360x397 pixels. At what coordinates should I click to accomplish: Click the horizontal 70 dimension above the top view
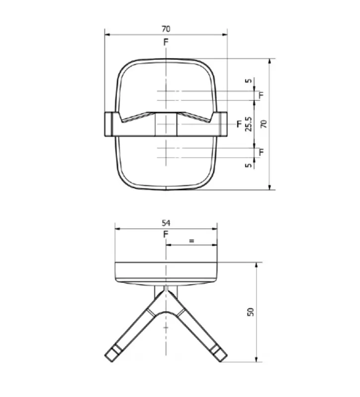pyautogui.click(x=166, y=29)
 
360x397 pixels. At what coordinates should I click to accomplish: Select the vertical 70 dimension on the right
pyautogui.click(x=264, y=124)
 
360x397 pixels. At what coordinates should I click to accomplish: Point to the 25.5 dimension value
pyautogui.click(x=249, y=124)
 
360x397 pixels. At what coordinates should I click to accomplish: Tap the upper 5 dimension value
pyautogui.click(x=249, y=80)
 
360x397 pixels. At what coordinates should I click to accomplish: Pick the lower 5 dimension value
pyautogui.click(x=249, y=165)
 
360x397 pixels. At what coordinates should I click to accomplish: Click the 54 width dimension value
pyautogui.click(x=166, y=223)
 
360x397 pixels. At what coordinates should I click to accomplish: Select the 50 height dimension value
pyautogui.click(x=250, y=312)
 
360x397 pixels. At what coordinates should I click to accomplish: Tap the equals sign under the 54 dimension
pyautogui.click(x=192, y=241)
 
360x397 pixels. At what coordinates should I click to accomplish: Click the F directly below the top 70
pyautogui.click(x=166, y=42)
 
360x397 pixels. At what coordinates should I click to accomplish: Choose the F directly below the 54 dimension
pyautogui.click(x=166, y=234)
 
